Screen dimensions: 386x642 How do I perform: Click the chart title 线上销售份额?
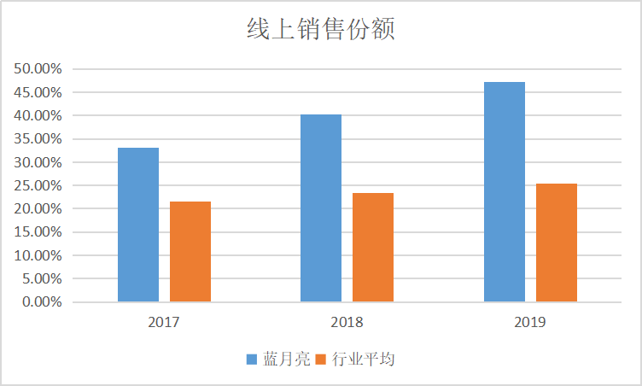pos(321,30)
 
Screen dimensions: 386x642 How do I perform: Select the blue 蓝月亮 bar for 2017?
pos(138,225)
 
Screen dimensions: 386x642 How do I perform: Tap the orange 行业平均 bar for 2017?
pos(190,251)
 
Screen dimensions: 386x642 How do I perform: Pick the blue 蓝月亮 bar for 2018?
pos(321,208)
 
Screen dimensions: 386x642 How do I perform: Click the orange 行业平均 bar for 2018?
pos(373,247)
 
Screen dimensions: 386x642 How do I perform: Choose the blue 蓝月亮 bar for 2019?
pos(505,191)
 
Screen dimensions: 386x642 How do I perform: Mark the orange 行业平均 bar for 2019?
pos(557,243)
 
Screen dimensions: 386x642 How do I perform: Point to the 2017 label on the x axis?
pos(164,323)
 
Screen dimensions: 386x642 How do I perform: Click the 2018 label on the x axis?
pos(347,323)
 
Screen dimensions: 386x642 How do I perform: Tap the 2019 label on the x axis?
pos(530,323)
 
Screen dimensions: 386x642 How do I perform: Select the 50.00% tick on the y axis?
pos(38,68)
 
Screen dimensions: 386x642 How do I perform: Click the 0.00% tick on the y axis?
pos(41,301)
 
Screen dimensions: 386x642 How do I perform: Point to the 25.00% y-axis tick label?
pos(38,185)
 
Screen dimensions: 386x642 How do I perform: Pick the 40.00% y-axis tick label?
pos(38,115)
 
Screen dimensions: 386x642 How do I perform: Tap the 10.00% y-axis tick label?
pos(38,255)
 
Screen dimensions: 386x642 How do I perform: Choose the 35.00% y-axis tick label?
pos(38,138)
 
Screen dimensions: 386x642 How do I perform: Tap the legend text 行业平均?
pos(363,360)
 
